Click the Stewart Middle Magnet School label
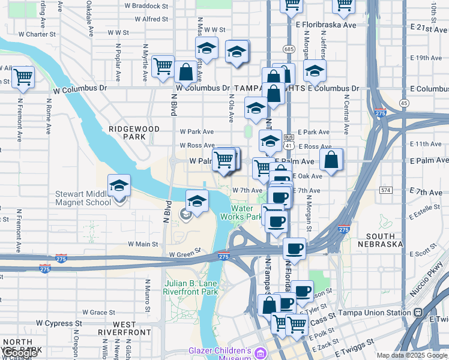[x=83, y=198]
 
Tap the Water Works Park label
[x=241, y=212]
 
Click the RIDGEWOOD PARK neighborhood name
[x=134, y=133]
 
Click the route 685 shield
[x=290, y=48]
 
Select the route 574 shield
[x=386, y=190]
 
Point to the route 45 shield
[x=404, y=103]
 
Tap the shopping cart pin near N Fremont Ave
[x=23, y=77]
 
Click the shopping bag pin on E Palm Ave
[x=331, y=160]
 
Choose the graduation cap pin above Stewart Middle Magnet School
[x=119, y=185]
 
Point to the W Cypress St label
[x=59, y=323]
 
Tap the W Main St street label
[x=143, y=244]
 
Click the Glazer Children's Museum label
[x=219, y=355]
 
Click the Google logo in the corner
[x=20, y=353]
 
